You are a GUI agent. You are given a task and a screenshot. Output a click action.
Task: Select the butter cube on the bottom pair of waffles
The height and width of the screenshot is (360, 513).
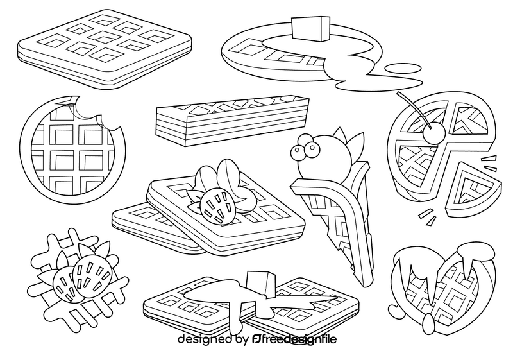tap(257, 283)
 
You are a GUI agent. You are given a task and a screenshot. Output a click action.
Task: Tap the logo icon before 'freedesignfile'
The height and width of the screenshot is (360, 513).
tap(256, 339)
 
